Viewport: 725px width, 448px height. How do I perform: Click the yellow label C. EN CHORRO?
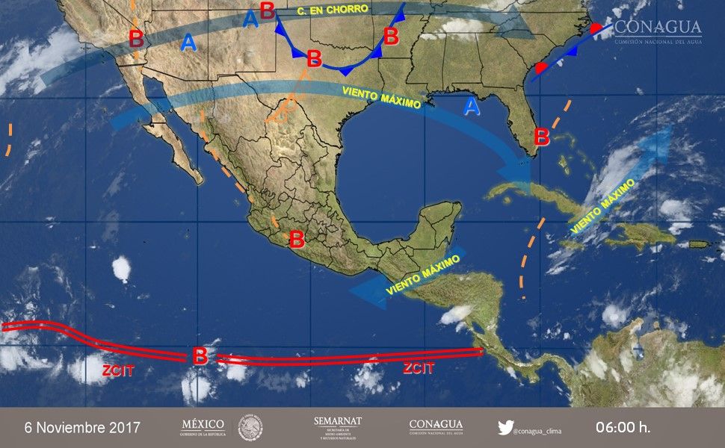[332, 10]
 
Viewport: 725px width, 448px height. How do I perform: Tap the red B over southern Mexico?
[297, 240]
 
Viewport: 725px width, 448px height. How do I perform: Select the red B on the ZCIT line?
[200, 356]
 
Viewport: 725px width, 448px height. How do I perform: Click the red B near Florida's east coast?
[542, 137]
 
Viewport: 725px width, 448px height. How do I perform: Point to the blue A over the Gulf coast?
[471, 108]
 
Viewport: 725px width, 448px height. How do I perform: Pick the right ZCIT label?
[418, 368]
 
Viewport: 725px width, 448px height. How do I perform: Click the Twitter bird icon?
[506, 428]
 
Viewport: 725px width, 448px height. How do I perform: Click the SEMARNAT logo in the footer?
[338, 427]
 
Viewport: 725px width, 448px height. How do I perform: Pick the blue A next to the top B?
[250, 20]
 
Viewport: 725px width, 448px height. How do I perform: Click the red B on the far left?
[136, 39]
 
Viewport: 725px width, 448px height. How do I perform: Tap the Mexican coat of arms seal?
[250, 428]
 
